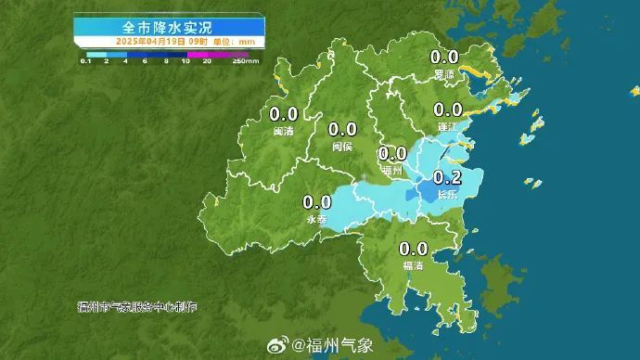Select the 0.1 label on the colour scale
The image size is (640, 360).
point(84,60)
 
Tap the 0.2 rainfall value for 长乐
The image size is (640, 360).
point(448,178)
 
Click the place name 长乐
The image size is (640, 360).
point(447,194)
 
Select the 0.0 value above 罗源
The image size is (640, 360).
point(446,58)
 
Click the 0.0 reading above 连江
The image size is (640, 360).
point(448,109)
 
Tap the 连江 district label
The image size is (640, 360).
point(447,125)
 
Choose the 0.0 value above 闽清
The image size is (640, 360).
point(283,114)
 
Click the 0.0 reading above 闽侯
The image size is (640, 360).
point(342,130)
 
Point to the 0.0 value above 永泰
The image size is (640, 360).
point(317,201)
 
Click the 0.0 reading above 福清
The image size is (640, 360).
point(414,249)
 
